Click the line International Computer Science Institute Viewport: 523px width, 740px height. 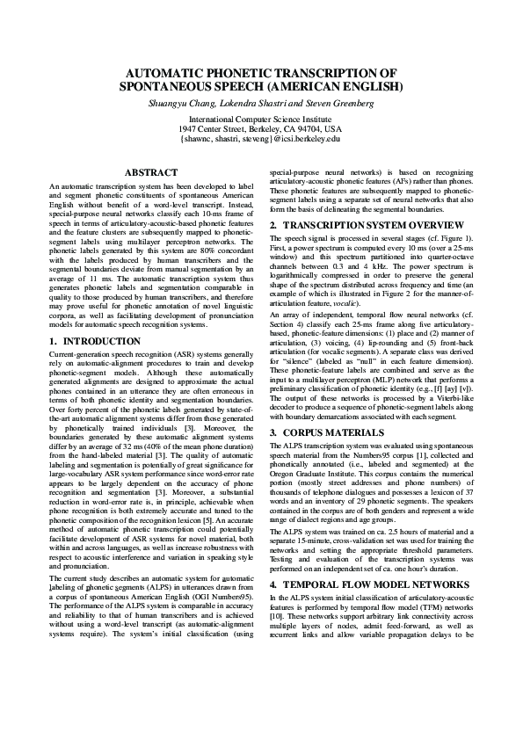point(260,119)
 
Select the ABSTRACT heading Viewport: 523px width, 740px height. point(152,173)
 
